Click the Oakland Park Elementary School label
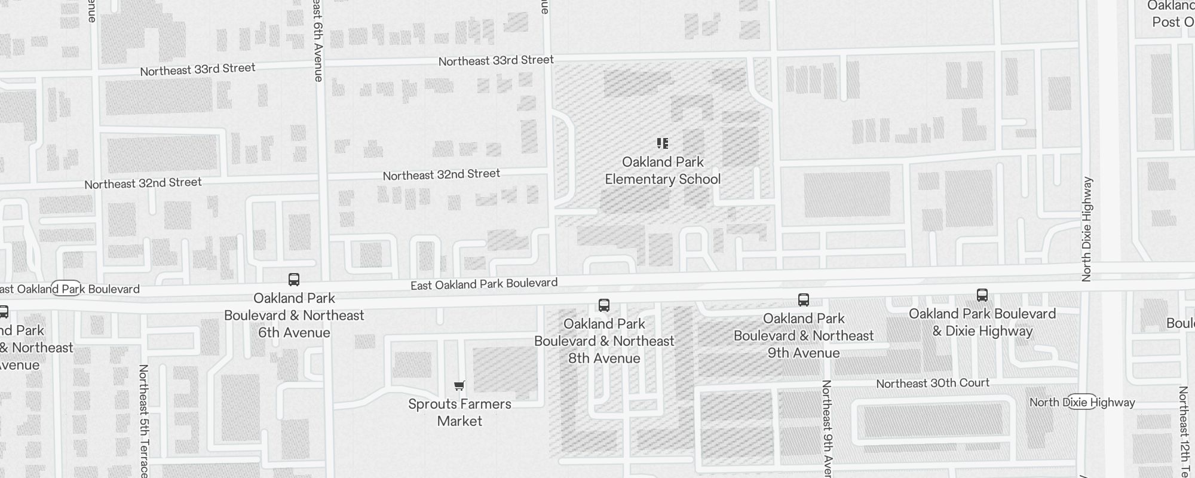(663, 171)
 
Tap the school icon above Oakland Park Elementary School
(662, 143)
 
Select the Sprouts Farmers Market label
(459, 412)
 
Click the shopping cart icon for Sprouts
(459, 386)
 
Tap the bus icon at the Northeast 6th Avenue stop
(294, 280)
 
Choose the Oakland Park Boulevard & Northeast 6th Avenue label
(294, 315)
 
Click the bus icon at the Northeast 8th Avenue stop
(604, 306)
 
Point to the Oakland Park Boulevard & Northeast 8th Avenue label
(604, 341)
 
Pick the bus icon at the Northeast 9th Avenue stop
(804, 300)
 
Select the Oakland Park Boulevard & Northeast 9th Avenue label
(804, 336)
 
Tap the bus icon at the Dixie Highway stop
(982, 295)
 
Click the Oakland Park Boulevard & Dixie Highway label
(982, 323)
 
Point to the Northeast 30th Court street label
(933, 384)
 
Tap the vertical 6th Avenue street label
(318, 42)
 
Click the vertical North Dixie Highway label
(1087, 229)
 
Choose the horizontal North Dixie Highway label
(1082, 403)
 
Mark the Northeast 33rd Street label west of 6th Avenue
(198, 70)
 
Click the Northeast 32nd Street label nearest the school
(442, 175)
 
